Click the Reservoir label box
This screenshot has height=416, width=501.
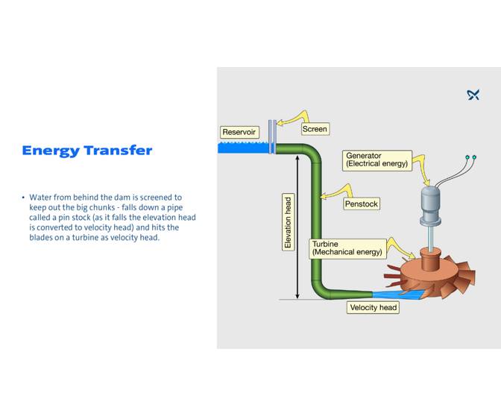point(239,132)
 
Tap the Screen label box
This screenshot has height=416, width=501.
point(315,129)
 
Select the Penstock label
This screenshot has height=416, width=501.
point(362,204)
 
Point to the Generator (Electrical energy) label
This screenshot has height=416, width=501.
point(377,160)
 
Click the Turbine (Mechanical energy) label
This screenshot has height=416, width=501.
point(347,248)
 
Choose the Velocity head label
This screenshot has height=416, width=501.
point(374,307)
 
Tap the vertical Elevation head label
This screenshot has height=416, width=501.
point(289,222)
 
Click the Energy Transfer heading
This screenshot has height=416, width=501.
point(86,151)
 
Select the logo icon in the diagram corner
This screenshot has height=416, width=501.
point(473,95)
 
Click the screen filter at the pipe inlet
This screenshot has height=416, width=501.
point(273,136)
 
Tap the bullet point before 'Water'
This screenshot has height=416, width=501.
point(23,198)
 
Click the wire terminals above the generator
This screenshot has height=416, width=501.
point(470,157)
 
